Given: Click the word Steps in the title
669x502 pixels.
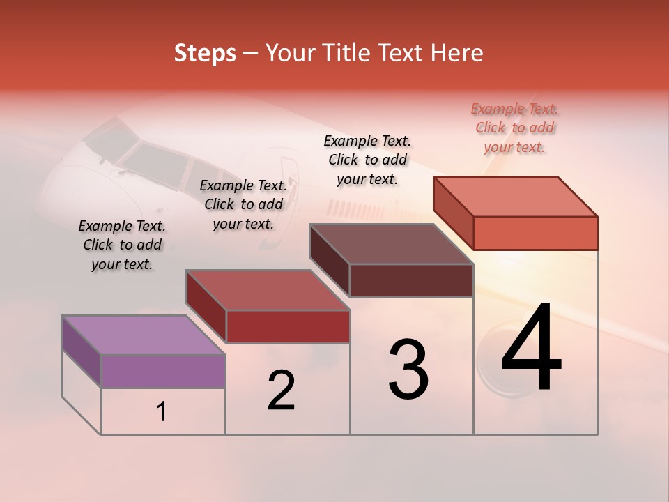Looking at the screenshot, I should (205, 53).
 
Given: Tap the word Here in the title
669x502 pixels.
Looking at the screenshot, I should (455, 53).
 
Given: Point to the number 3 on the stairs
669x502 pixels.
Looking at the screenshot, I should (408, 370).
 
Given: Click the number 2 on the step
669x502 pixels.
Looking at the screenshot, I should (281, 390).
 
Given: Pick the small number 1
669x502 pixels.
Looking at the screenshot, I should (162, 412).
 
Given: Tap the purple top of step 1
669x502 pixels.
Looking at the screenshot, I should (143, 335).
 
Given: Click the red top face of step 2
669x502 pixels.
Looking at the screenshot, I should (268, 289).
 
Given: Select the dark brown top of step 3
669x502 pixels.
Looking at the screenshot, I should (391, 244).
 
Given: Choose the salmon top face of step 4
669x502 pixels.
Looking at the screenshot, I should (515, 196).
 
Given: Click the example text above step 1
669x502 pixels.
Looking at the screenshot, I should (122, 245).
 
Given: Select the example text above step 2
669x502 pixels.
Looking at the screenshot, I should (243, 204).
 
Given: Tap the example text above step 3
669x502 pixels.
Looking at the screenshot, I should (367, 160).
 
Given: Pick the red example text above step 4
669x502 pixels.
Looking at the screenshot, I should (514, 128).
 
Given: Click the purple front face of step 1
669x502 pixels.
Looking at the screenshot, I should (163, 371).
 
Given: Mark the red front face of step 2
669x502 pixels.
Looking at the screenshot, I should (287, 326).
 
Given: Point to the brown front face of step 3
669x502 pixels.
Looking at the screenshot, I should (411, 280).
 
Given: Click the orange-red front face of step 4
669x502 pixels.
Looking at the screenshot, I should (535, 233).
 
